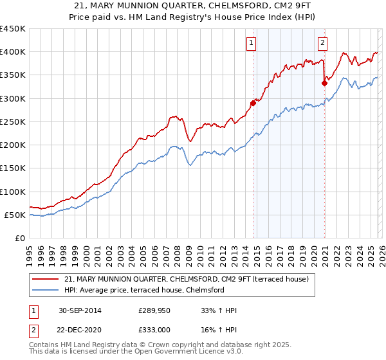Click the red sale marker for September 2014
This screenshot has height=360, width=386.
[x=253, y=103]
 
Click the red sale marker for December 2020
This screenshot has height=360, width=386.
[x=324, y=82]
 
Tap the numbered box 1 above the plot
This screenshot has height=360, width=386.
[x=250, y=44]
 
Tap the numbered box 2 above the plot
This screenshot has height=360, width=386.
[x=322, y=44]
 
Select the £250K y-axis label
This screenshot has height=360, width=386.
[x=13, y=122]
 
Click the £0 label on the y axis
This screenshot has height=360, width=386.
[x=19, y=239]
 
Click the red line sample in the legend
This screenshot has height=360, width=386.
[x=46, y=279]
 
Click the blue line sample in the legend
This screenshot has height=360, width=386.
[x=46, y=290]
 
